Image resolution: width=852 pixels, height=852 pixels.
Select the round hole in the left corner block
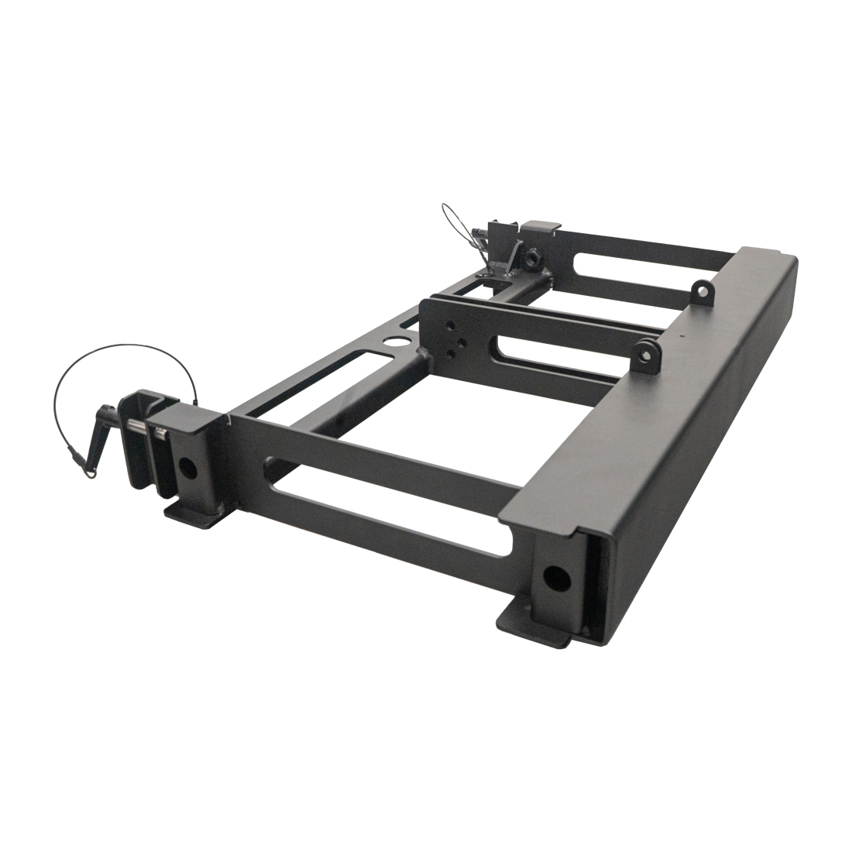pos(187,466)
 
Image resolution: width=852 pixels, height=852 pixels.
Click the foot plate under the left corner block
pos(190,517)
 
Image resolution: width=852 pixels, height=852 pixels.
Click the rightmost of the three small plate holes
pos(462,342)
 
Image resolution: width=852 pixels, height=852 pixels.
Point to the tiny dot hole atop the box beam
pos(682,337)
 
